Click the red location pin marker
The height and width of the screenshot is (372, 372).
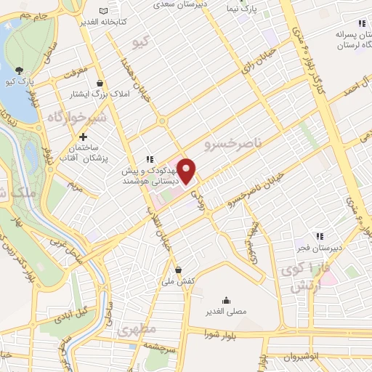[x=187, y=171]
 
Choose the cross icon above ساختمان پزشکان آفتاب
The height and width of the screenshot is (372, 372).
[x=84, y=137]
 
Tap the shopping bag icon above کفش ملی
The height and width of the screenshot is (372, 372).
[x=179, y=270]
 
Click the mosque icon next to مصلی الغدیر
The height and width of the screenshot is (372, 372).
[x=226, y=300]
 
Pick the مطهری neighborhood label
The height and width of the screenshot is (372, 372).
[x=137, y=331]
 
